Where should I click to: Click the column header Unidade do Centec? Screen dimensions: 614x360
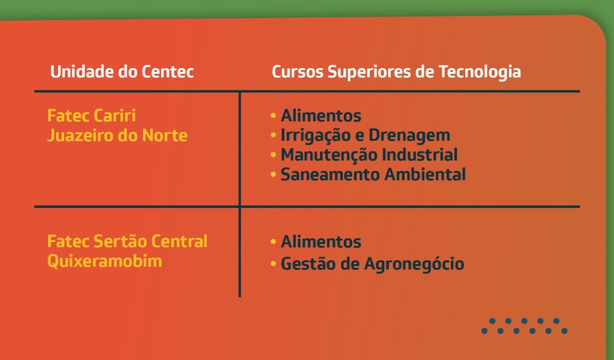click(x=122, y=72)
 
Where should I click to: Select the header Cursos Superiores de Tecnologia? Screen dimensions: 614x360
click(x=396, y=72)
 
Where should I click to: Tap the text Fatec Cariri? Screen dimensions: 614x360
click(x=92, y=116)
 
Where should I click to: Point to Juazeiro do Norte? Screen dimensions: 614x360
click(x=118, y=135)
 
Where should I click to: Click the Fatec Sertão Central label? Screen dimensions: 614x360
click(x=127, y=242)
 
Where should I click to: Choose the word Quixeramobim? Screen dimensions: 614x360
click(x=105, y=261)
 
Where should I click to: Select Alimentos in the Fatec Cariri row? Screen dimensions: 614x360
click(x=321, y=116)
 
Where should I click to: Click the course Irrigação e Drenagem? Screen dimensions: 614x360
click(x=366, y=136)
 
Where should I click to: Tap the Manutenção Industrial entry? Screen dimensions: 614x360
click(x=369, y=155)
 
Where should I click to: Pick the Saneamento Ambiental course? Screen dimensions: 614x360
click(x=373, y=174)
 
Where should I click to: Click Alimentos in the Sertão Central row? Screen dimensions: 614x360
click(x=321, y=242)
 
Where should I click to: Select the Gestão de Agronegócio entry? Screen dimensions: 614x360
click(x=373, y=264)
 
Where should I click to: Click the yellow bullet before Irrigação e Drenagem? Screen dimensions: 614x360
click(x=273, y=135)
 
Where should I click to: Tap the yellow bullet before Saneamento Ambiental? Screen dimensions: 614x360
click(x=273, y=174)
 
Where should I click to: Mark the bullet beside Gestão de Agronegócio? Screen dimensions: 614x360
click(x=273, y=264)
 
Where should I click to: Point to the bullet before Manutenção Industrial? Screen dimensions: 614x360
click(x=273, y=155)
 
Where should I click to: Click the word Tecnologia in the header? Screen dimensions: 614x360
click(x=480, y=72)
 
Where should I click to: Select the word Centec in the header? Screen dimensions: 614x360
click(x=168, y=72)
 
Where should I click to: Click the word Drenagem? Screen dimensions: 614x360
click(x=409, y=136)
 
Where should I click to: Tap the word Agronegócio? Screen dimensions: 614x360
click(x=414, y=264)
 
